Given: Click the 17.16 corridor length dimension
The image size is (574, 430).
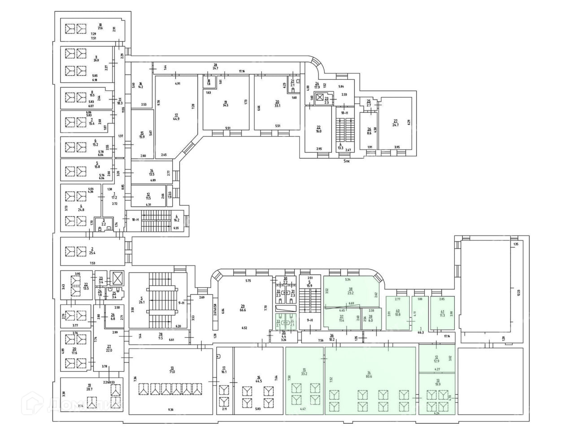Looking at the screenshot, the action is click(x=242, y=71).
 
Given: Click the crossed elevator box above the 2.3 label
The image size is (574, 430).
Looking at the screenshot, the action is click(x=320, y=97).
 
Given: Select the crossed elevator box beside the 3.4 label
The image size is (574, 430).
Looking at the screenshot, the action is click(x=117, y=278).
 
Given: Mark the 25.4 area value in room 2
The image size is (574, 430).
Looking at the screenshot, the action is click(x=92, y=253).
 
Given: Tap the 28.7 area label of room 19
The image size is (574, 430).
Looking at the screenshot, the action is click(x=89, y=389).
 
